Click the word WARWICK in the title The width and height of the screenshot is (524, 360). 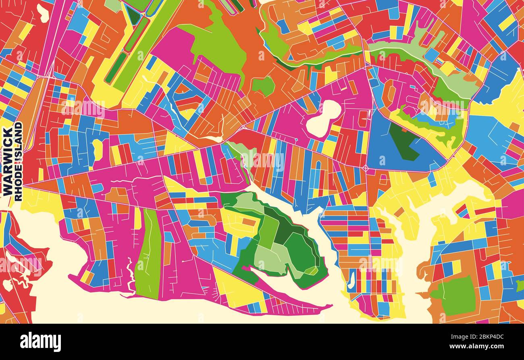click(7, 162)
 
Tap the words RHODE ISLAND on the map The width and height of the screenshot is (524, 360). click(18, 161)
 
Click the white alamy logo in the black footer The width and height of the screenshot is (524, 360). click(40, 342)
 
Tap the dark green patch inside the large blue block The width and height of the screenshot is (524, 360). click(403, 141)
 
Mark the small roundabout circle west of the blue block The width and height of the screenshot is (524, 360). click(365, 167)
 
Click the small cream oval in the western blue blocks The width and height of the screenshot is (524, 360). click(98, 150)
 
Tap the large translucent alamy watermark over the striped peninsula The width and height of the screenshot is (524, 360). click(379, 264)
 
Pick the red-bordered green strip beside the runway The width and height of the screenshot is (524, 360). click(137, 34)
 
